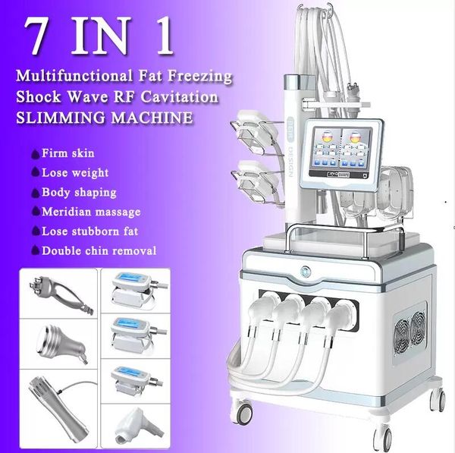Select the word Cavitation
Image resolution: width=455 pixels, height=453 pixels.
(x=179, y=96)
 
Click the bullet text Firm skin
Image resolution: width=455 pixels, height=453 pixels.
(x=68, y=153)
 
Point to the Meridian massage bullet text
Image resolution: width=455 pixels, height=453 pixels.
(x=91, y=212)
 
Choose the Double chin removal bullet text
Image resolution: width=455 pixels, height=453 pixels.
(x=99, y=250)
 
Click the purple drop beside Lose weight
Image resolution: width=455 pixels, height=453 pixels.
(x=36, y=172)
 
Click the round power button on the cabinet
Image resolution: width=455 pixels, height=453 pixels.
(x=306, y=272)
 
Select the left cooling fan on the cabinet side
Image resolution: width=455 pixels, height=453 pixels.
(x=402, y=337)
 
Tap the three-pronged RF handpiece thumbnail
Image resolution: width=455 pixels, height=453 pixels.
(x=59, y=293)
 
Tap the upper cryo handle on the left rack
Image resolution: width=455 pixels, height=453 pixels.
(x=257, y=134)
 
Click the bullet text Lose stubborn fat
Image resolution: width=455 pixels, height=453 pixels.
(x=90, y=231)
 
